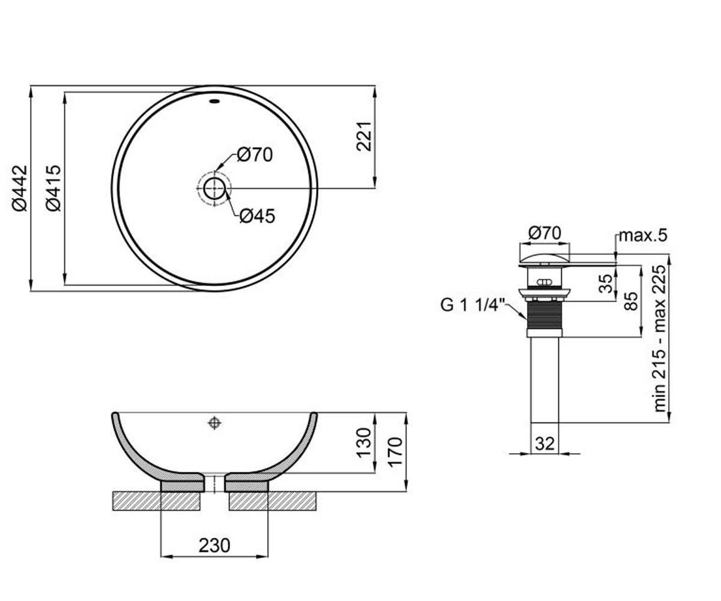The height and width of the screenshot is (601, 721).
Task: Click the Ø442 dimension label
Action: (19, 188)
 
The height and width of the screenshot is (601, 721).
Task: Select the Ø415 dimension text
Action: (53, 188)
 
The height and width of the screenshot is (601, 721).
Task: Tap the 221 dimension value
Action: (364, 136)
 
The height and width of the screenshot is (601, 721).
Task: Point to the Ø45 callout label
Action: (257, 216)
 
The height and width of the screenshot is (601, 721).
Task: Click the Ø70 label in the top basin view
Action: (255, 155)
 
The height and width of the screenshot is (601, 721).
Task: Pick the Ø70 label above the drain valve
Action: (545, 233)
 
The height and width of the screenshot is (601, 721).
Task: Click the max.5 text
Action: (643, 236)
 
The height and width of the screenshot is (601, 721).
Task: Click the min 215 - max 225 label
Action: (660, 338)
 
